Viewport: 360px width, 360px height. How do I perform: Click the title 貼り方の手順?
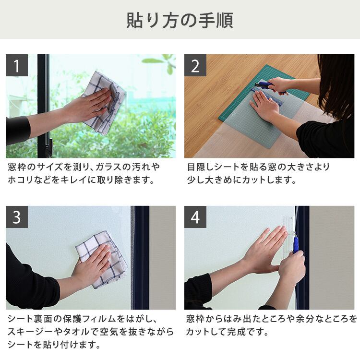pos(180,20)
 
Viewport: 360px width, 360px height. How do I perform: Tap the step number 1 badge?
pos(17,65)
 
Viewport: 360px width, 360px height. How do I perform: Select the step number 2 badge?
pos(195,65)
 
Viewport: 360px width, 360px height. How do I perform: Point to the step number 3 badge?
pos(17,217)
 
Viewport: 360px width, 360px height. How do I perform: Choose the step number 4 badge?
pos(195,217)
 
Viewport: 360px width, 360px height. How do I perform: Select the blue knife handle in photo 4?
pos(296,244)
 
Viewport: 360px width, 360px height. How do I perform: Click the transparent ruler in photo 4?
pos(288,237)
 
